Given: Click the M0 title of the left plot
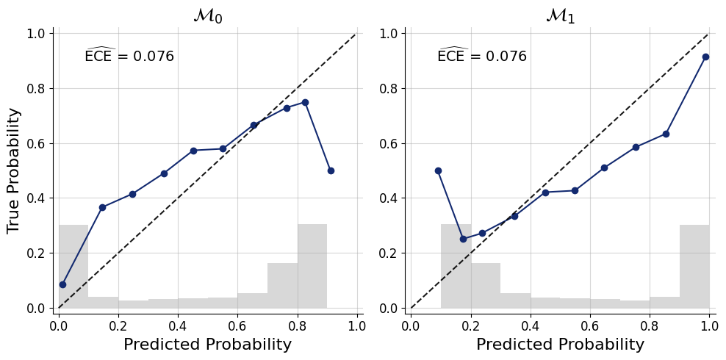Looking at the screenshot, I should [x=207, y=15].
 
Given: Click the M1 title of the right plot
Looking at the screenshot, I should [x=560, y=15].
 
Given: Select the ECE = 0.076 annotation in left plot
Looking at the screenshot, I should [x=129, y=56].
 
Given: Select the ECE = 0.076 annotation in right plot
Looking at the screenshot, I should [x=482, y=56].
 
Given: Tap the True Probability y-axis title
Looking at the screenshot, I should [x=14, y=170].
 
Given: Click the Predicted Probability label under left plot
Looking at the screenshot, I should [x=207, y=345].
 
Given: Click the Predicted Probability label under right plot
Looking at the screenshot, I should [x=560, y=345].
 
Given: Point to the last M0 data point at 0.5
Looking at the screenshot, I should [x=331, y=170].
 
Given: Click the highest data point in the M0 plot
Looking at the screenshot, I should [x=305, y=102].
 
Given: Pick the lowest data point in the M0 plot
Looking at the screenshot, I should [x=62, y=284].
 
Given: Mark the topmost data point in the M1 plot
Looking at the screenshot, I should [x=705, y=57].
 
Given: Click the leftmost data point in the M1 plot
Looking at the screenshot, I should [x=438, y=170].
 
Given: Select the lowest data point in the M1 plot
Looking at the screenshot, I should [x=463, y=239].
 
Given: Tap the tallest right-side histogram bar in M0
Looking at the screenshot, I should [x=312, y=266].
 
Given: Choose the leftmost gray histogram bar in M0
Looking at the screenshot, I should [x=73, y=266].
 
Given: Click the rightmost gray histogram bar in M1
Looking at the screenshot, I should [x=694, y=266].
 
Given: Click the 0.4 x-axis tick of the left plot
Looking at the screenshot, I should [x=178, y=325].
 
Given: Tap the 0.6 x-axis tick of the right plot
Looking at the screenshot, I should [x=590, y=325].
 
